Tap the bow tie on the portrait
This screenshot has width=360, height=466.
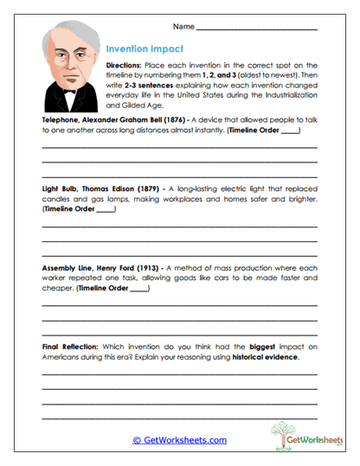pyautogui.click(x=68, y=90)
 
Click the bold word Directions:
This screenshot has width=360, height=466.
pyautogui.click(x=127, y=66)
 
